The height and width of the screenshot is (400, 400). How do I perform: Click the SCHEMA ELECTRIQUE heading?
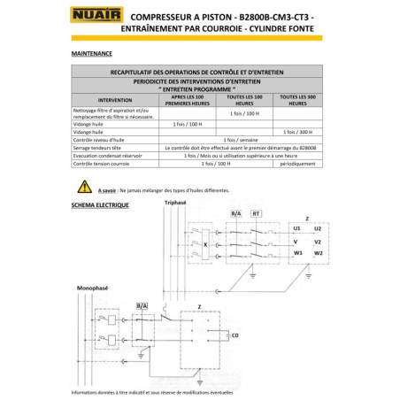click(x=100, y=204)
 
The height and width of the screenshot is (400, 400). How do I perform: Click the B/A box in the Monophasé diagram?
click(x=142, y=305)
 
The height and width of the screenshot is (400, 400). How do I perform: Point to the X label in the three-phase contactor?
click(x=205, y=243)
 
